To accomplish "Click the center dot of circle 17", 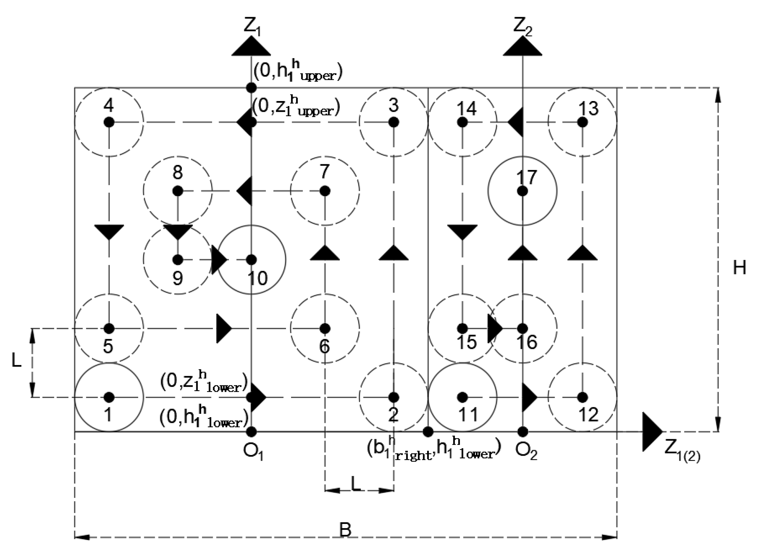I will [x=522, y=191].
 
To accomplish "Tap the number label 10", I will [x=258, y=278].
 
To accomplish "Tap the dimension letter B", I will [x=346, y=530].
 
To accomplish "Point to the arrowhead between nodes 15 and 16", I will [x=495, y=328].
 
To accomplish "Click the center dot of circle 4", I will [x=109, y=122].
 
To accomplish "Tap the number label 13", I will [x=588, y=108].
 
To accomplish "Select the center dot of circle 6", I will [x=325, y=328].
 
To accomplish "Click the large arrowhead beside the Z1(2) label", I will [x=651, y=432].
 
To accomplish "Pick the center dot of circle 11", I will [x=463, y=397].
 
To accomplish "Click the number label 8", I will [x=178, y=172].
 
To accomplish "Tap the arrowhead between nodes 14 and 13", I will [x=516, y=122].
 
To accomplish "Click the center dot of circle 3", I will [x=394, y=122].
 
